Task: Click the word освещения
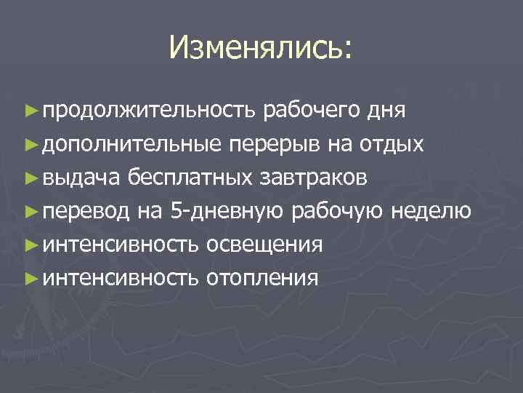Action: [x=265, y=244]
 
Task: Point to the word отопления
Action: [x=262, y=277]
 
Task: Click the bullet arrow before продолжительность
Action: [x=31, y=111]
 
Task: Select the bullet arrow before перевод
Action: [x=31, y=211]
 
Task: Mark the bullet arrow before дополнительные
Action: [x=31, y=144]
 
